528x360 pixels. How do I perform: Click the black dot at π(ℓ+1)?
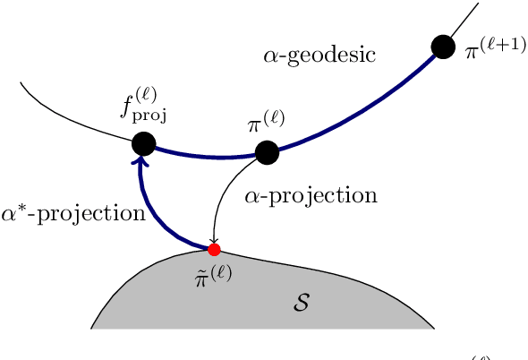point(442,46)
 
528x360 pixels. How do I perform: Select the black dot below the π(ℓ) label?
point(267,152)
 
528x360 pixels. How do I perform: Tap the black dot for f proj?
point(143,142)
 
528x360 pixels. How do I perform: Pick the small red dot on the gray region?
point(214,248)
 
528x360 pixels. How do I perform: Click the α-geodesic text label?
point(319,56)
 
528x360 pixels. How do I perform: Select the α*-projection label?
point(72,213)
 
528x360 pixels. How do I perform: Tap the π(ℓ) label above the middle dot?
point(266,124)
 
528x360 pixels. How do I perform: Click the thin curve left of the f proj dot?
point(72,118)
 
